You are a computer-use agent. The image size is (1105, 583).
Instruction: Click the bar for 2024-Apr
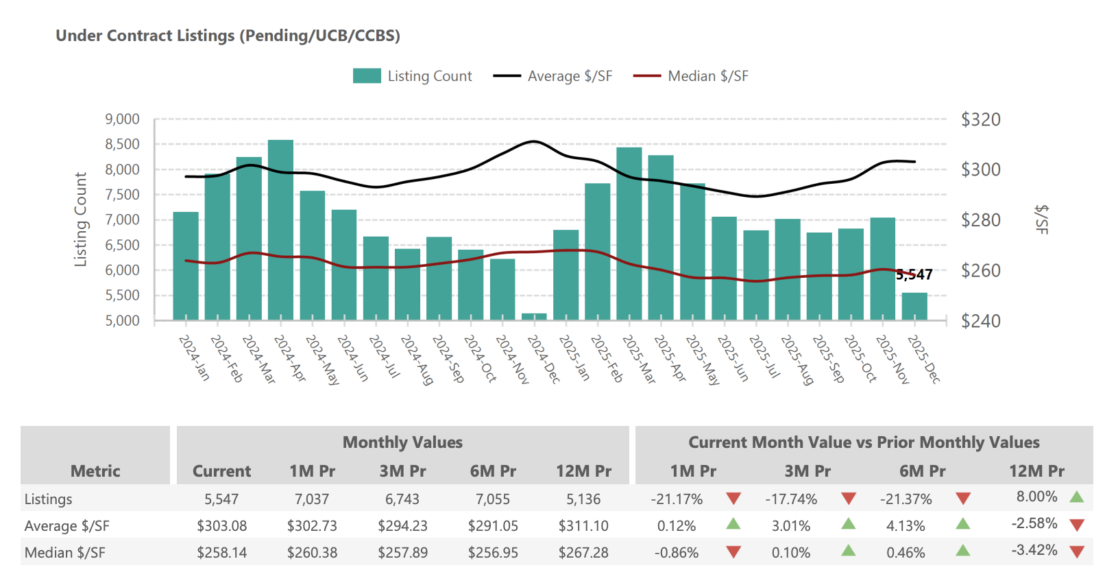click(x=280, y=230)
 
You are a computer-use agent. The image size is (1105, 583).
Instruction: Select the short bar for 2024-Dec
click(x=534, y=316)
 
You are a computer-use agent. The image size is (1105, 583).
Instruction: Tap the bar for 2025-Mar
click(x=629, y=233)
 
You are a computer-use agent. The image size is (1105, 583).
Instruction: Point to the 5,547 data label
click(x=914, y=275)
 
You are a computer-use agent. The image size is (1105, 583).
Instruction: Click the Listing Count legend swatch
click(x=367, y=76)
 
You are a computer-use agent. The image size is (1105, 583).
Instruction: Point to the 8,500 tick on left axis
click(x=122, y=144)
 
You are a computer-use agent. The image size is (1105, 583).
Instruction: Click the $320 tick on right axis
click(x=980, y=119)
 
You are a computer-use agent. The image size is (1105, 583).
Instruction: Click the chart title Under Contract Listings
click(x=228, y=36)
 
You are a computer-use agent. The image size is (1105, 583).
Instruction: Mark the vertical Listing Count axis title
click(x=81, y=219)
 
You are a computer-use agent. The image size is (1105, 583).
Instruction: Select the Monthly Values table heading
click(x=402, y=442)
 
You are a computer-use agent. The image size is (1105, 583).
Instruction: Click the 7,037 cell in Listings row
click(x=312, y=499)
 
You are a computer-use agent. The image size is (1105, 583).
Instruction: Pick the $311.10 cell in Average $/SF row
click(x=583, y=526)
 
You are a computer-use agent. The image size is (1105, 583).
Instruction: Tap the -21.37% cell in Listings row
click(x=906, y=499)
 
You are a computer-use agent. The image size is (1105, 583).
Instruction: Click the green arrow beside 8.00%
click(x=1076, y=497)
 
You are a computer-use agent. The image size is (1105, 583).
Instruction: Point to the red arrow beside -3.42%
click(x=1076, y=551)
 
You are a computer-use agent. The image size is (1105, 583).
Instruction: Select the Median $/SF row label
click(x=65, y=553)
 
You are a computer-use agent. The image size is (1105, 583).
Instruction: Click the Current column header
click(x=221, y=471)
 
